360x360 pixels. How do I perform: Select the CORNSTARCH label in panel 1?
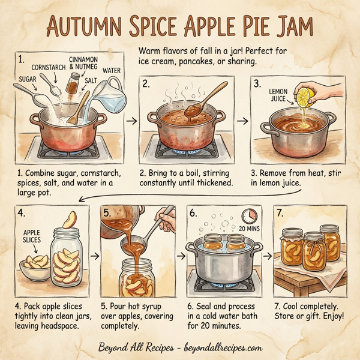click(x=47, y=68)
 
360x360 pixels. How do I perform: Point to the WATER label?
click(x=112, y=70)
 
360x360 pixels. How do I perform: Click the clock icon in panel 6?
click(x=249, y=215)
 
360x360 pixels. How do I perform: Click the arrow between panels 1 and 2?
click(x=131, y=120)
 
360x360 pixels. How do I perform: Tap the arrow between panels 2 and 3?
click(x=243, y=120)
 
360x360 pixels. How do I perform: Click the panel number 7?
click(x=280, y=212)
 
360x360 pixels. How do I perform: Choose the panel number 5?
click(x=107, y=212)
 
